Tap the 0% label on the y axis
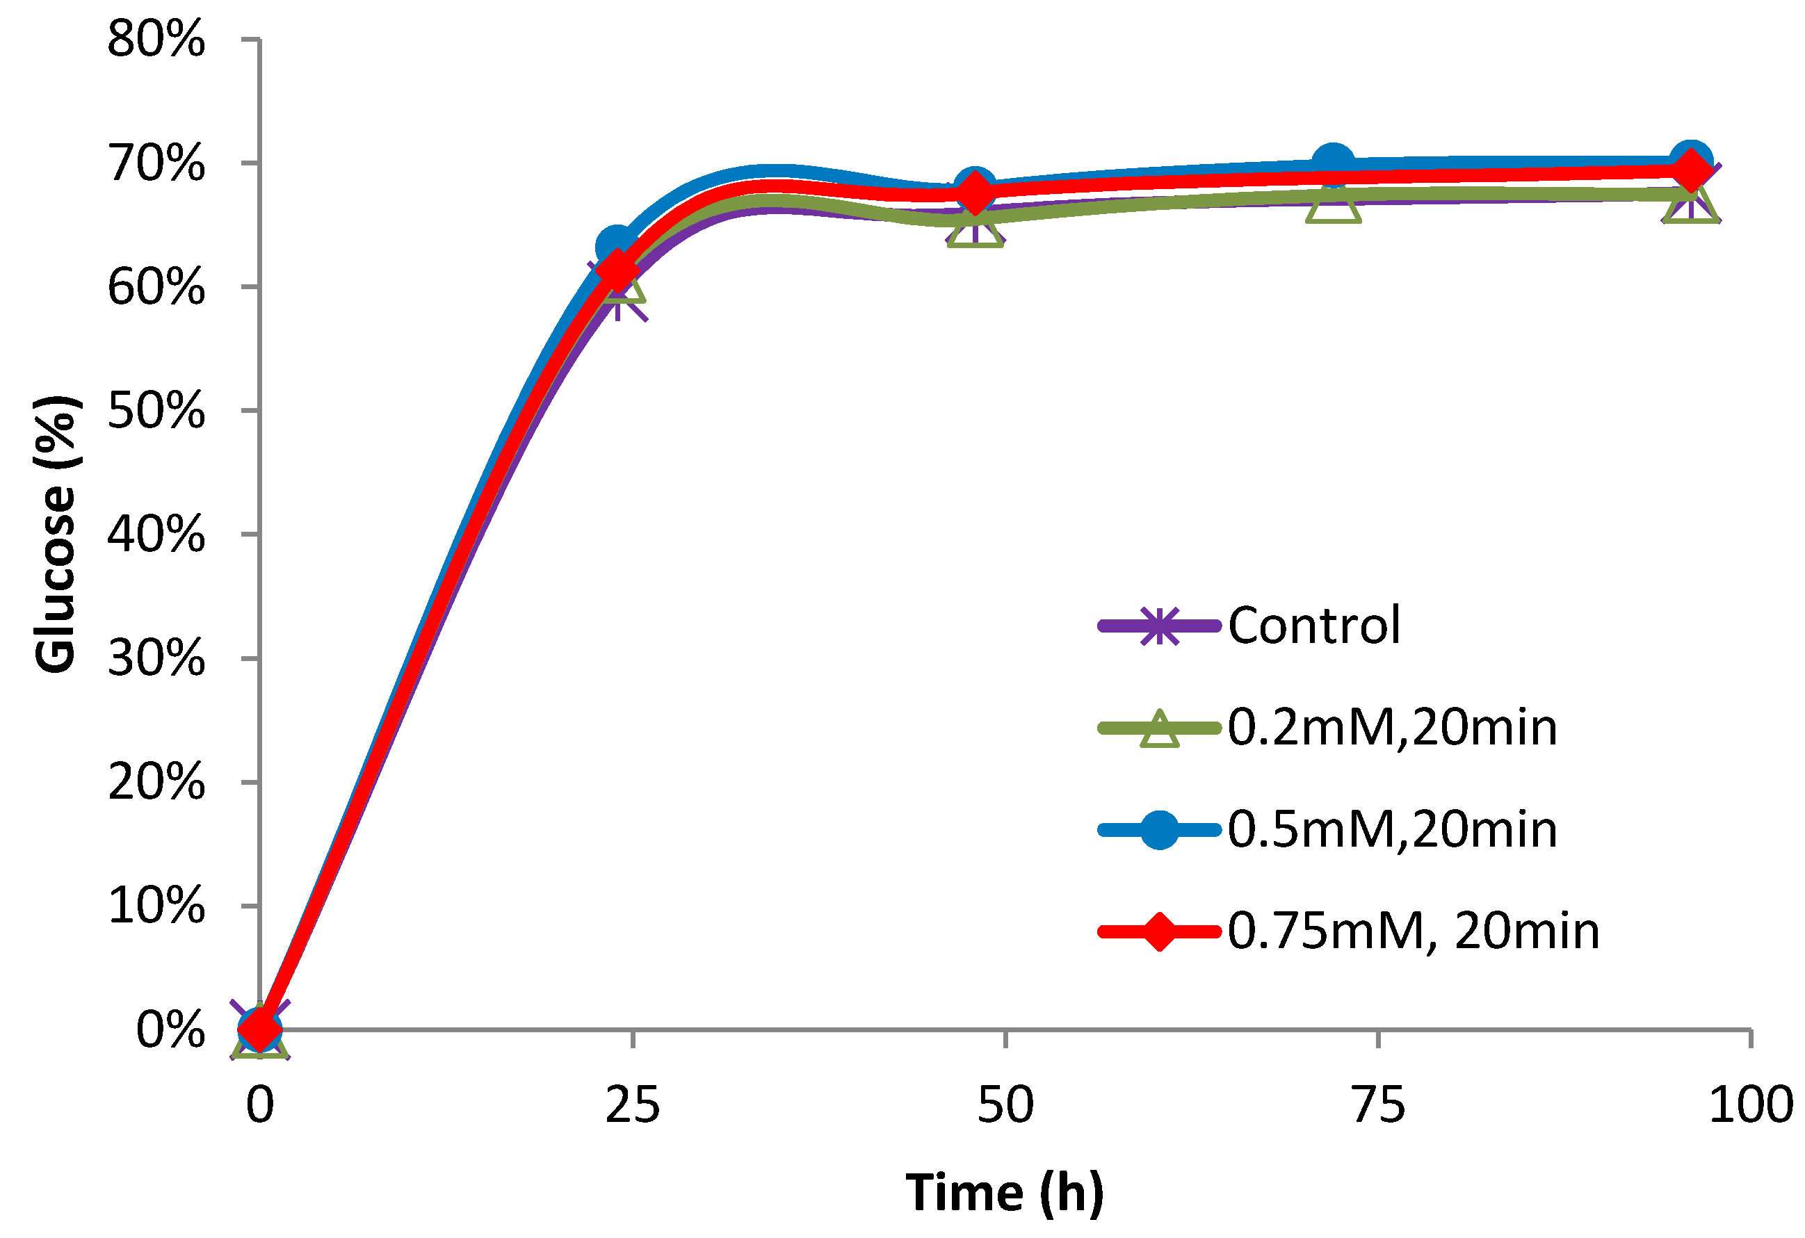[x=170, y=1031]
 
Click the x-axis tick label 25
[x=632, y=1105]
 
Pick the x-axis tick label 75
[x=1379, y=1105]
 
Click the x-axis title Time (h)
[x=1004, y=1192]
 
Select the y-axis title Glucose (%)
[x=56, y=535]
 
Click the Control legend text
[x=1314, y=625]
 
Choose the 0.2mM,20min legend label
[x=1393, y=728]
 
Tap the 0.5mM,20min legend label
[x=1393, y=829]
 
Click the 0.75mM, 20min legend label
[x=1414, y=931]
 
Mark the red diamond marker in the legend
[x=1159, y=931]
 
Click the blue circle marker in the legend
[x=1159, y=829]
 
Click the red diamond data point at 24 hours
[x=617, y=270]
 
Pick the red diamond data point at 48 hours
[x=975, y=192]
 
